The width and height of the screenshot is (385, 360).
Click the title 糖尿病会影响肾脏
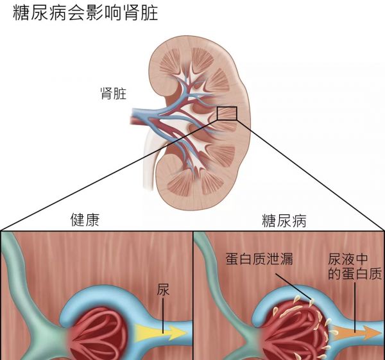coord(85,12)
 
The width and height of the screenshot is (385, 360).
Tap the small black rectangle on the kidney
coord(227,114)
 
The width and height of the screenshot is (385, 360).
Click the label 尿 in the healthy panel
coord(163,290)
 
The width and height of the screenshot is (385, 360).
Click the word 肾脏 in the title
coord(142,12)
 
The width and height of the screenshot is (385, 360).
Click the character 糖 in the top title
coord(21,12)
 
